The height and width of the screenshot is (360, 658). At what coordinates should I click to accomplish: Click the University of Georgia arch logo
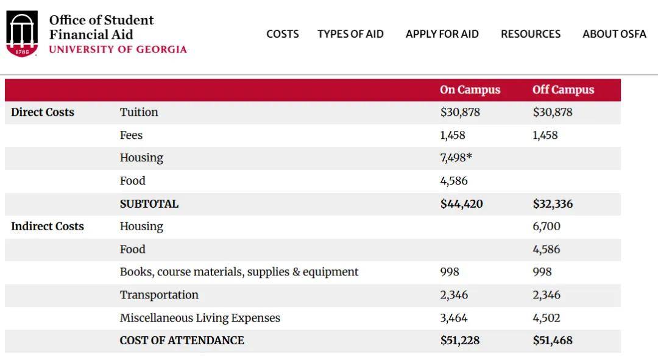pyautogui.click(x=22, y=34)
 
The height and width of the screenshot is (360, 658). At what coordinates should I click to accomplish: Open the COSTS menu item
pyautogui.click(x=283, y=34)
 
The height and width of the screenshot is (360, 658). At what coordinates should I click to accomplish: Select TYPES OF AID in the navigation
pyautogui.click(x=350, y=34)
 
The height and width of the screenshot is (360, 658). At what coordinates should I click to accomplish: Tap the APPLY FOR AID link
pyautogui.click(x=442, y=34)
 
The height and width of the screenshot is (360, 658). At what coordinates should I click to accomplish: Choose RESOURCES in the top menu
pyautogui.click(x=531, y=34)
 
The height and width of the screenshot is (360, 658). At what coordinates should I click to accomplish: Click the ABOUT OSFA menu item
pyautogui.click(x=614, y=34)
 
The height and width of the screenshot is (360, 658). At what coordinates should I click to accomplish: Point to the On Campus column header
pyautogui.click(x=470, y=90)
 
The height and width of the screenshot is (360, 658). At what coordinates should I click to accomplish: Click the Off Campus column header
pyautogui.click(x=563, y=90)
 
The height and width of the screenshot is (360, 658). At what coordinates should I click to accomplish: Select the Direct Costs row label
pyautogui.click(x=43, y=112)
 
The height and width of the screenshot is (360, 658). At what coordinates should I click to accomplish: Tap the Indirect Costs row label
pyautogui.click(x=48, y=226)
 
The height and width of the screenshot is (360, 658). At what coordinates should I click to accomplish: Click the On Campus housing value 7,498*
pyautogui.click(x=456, y=158)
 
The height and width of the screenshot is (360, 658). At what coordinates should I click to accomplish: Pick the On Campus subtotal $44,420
pyautogui.click(x=461, y=203)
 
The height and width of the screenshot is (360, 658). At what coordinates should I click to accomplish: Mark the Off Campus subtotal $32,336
pyautogui.click(x=553, y=203)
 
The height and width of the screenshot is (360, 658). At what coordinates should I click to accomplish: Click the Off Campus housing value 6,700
pyautogui.click(x=547, y=226)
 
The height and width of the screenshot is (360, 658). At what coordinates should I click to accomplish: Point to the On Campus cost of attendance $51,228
pyautogui.click(x=460, y=341)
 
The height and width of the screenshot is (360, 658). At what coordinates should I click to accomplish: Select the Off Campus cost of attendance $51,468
pyautogui.click(x=553, y=341)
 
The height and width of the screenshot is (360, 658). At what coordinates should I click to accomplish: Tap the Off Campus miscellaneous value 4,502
pyautogui.click(x=546, y=317)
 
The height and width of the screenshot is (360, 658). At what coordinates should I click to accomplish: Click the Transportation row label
pyautogui.click(x=159, y=295)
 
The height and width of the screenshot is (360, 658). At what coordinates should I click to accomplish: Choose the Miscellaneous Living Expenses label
pyautogui.click(x=200, y=317)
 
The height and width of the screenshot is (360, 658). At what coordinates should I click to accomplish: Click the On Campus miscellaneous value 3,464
pyautogui.click(x=454, y=317)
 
